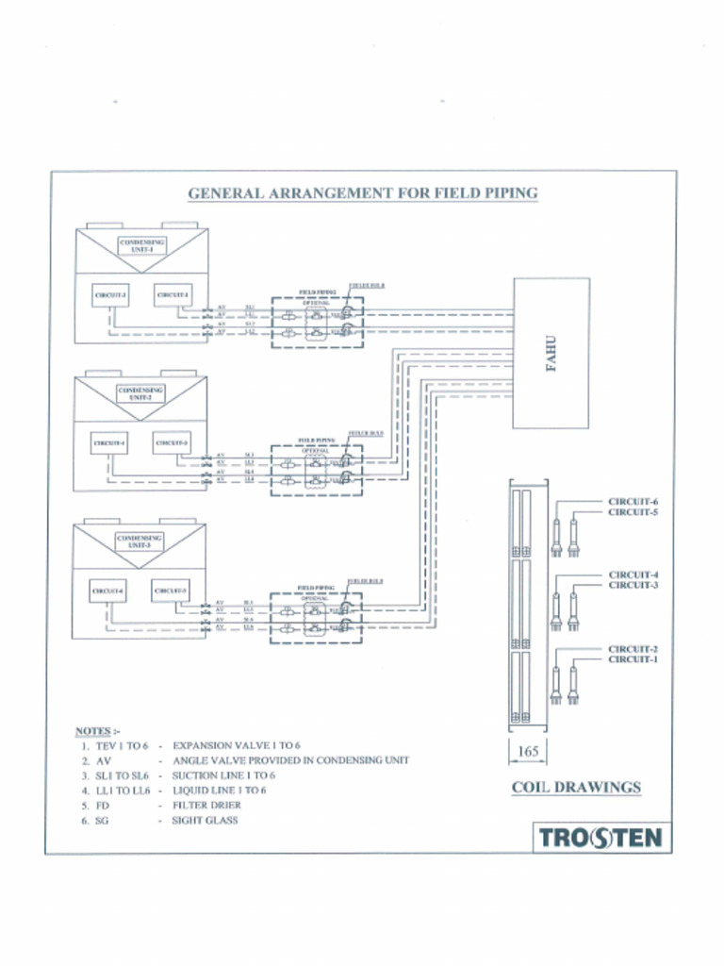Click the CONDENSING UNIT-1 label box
pyautogui.click(x=141, y=245)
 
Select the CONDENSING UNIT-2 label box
pyautogui.click(x=141, y=393)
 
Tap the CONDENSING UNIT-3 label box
pyautogui.click(x=140, y=541)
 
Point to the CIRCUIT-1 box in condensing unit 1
pyautogui.click(x=173, y=294)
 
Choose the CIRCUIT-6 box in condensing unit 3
pyautogui.click(x=107, y=591)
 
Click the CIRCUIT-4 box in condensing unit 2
pyautogui.click(x=109, y=442)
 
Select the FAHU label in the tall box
pyautogui.click(x=552, y=353)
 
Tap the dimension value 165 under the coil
pyautogui.click(x=528, y=752)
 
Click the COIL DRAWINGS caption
pyautogui.click(x=576, y=787)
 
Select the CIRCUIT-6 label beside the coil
pyautogui.click(x=633, y=502)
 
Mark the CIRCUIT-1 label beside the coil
pyautogui.click(x=633, y=659)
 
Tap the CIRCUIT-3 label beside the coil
pyautogui.click(x=633, y=585)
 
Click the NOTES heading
pyautogui.click(x=97, y=731)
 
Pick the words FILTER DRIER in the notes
pyautogui.click(x=206, y=806)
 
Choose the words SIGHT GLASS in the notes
pyautogui.click(x=205, y=821)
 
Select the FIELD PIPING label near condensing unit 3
pyautogui.click(x=316, y=587)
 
